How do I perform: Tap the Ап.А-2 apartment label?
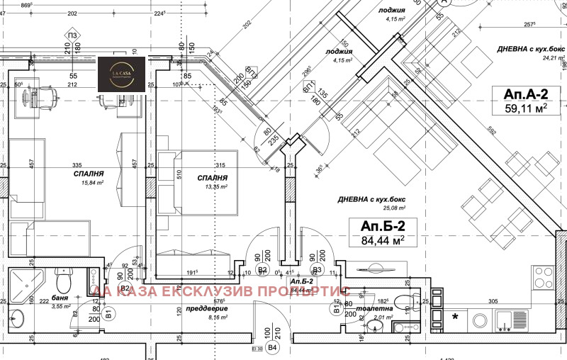pos(524,94)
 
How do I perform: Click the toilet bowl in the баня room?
pos(62,282)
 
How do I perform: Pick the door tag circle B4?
pos(273,348)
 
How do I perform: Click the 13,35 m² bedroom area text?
pos(213,187)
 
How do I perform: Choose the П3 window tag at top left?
pos(72,35)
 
